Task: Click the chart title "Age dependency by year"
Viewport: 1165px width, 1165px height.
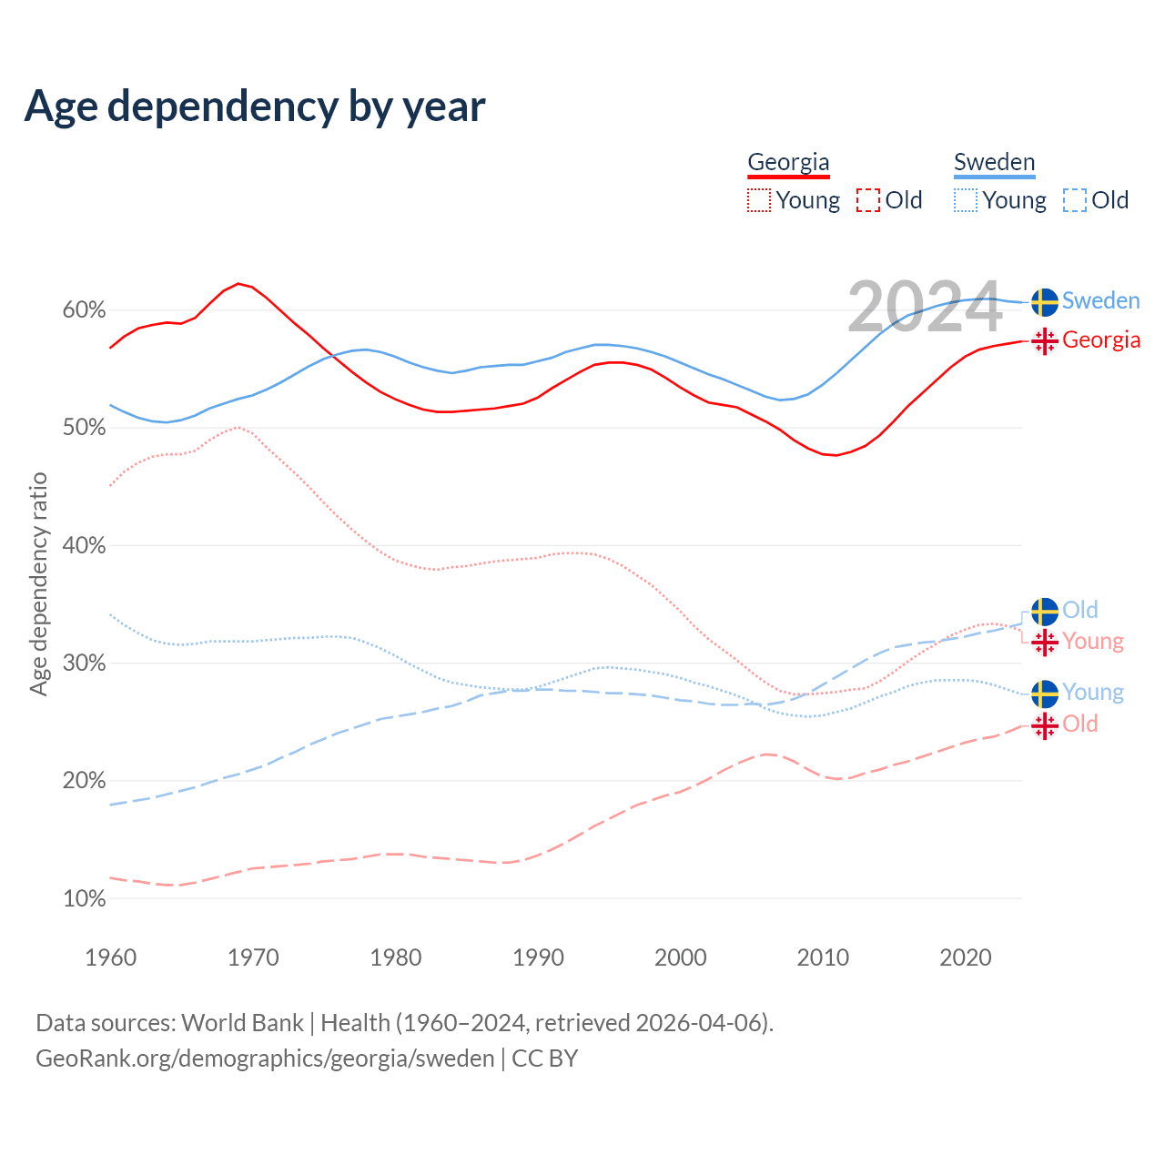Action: pyautogui.click(x=255, y=106)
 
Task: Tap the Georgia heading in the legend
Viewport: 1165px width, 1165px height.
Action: pyautogui.click(x=788, y=162)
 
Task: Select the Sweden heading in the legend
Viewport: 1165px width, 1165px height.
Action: pyautogui.click(x=994, y=162)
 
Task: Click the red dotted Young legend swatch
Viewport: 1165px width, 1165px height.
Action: pyautogui.click(x=758, y=200)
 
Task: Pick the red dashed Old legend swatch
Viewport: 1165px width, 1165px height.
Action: pyautogui.click(x=868, y=200)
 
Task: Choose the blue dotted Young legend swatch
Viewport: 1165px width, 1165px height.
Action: pyautogui.click(x=965, y=200)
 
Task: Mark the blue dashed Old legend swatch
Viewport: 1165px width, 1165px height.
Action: pyautogui.click(x=1075, y=200)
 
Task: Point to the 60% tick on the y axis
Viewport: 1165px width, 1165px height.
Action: pyautogui.click(x=84, y=310)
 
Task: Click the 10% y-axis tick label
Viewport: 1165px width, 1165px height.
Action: pyautogui.click(x=84, y=899)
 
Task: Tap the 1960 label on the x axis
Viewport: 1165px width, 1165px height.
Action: pyautogui.click(x=110, y=957)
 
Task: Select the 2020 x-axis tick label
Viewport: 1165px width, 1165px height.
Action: pyautogui.click(x=965, y=957)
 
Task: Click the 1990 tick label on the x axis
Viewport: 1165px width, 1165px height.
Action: pyautogui.click(x=538, y=957)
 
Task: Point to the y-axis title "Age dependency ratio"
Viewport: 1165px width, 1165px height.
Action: pyautogui.click(x=38, y=583)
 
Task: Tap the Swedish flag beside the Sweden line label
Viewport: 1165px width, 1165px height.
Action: pyautogui.click(x=1044, y=301)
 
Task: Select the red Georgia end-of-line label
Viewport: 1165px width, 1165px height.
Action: pyautogui.click(x=1101, y=340)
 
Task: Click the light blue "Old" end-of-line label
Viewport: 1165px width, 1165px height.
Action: pyautogui.click(x=1080, y=610)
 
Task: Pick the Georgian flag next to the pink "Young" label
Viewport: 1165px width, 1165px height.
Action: pyautogui.click(x=1044, y=642)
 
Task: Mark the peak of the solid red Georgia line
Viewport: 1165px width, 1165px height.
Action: pyautogui.click(x=238, y=284)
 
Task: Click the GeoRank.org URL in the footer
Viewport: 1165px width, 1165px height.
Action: pyautogui.click(x=265, y=1059)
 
